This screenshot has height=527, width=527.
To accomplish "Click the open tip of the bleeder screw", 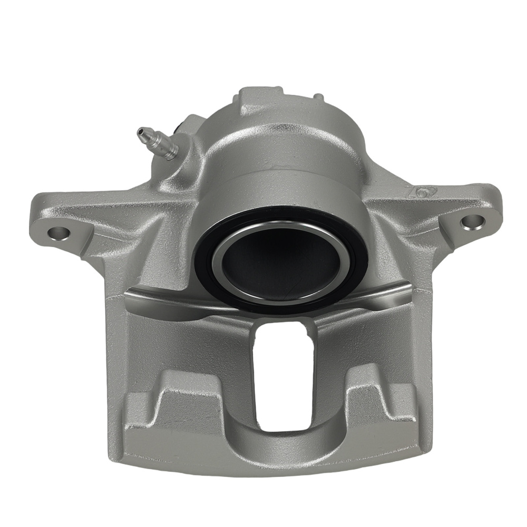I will (141, 131).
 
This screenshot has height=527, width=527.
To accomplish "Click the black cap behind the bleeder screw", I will (178, 128).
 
